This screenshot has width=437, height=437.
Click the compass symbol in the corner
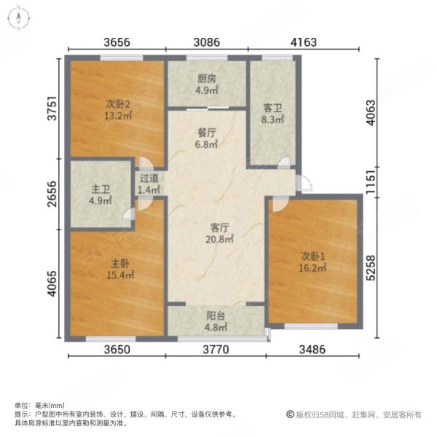[19, 18]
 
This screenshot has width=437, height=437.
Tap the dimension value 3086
[207, 42]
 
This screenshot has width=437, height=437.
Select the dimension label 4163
[304, 42]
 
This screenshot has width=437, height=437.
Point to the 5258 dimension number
[371, 267]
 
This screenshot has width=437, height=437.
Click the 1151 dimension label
[371, 182]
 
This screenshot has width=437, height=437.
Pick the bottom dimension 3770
[216, 349]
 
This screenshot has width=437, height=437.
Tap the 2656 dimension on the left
[52, 194]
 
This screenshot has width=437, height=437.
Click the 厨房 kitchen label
[207, 79]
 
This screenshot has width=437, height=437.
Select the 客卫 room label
[272, 108]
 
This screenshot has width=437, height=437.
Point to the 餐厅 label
[207, 133]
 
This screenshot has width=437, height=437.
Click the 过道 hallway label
[149, 178]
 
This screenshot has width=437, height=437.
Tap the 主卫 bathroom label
[101, 189]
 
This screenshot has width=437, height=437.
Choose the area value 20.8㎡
[220, 239]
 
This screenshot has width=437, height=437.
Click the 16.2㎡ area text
[312, 268]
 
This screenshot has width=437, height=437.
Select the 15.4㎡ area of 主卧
[120, 275]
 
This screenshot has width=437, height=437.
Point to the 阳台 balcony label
[216, 316]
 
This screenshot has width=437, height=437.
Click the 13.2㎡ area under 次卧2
[118, 116]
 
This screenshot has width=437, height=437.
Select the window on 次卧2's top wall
[122, 58]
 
